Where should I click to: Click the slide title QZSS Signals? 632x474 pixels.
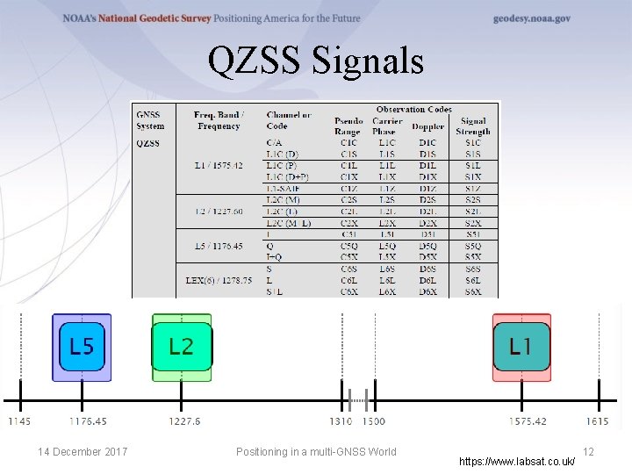point(316,61)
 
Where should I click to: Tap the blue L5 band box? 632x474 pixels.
point(82,346)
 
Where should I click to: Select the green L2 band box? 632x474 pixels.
point(181,346)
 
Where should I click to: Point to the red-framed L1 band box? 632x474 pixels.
point(521,346)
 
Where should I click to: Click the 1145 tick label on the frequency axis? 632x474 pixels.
point(19,421)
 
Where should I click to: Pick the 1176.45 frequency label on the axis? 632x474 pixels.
point(88,421)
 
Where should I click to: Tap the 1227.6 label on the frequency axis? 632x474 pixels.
point(185,421)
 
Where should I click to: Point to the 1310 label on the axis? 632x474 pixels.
point(341,421)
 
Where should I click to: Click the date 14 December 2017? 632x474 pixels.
point(83,452)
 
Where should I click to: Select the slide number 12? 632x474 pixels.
point(589,451)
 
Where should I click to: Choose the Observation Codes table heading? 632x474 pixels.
point(414,110)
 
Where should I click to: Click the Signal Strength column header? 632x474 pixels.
point(473,126)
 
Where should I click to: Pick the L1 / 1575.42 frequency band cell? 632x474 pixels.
point(219,165)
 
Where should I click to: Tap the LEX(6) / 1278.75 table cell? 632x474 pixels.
point(219,280)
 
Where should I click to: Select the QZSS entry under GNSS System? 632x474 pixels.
point(147,143)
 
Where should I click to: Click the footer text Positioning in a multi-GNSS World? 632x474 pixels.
point(316,452)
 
